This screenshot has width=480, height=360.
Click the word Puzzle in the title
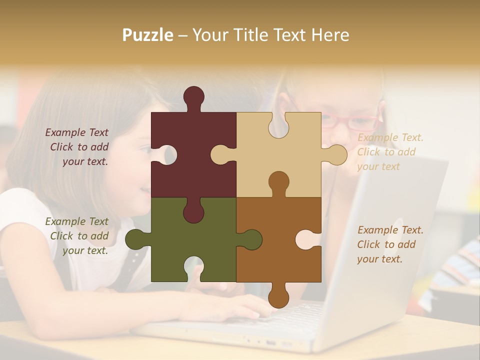[x=148, y=35]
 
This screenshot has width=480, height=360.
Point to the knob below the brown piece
[x=278, y=297]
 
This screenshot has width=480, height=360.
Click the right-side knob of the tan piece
[x=336, y=154]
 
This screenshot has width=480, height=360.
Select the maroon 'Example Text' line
[x=76, y=132]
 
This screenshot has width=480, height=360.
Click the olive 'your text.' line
[x=85, y=251]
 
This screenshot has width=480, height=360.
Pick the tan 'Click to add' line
[x=386, y=152]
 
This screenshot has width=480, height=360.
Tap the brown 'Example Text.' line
[x=390, y=230]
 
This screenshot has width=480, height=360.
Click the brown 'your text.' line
[x=379, y=259]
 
